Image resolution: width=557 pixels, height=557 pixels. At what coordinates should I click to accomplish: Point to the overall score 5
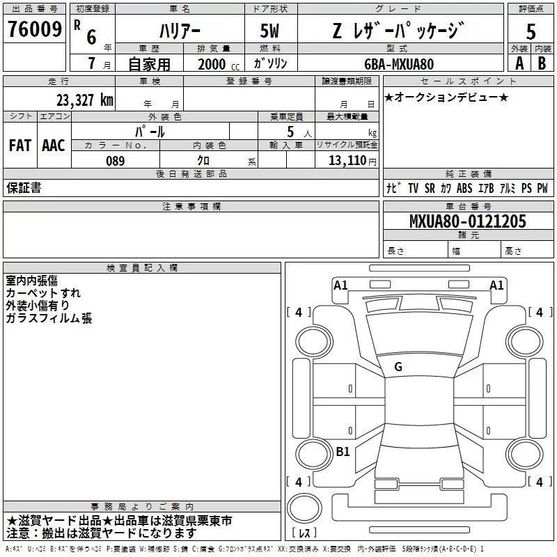point(531,31)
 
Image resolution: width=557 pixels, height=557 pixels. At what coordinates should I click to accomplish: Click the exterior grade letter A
point(519,63)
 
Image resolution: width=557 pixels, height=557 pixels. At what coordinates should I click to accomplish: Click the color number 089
point(116,161)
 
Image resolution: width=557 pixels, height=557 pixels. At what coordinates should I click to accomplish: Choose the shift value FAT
point(19,146)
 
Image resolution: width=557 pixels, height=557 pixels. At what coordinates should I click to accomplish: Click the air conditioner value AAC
point(53,146)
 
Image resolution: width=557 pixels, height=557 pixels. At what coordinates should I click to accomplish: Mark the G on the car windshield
point(398,366)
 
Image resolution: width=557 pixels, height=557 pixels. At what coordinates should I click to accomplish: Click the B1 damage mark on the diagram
point(343,452)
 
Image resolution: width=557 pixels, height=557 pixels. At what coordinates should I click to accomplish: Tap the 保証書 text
point(24,188)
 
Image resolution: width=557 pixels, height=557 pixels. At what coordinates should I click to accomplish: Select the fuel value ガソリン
point(271,64)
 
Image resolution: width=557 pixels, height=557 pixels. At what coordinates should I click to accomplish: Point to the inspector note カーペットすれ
point(43,293)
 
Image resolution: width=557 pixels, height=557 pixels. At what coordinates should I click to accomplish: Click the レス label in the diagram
point(304,534)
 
